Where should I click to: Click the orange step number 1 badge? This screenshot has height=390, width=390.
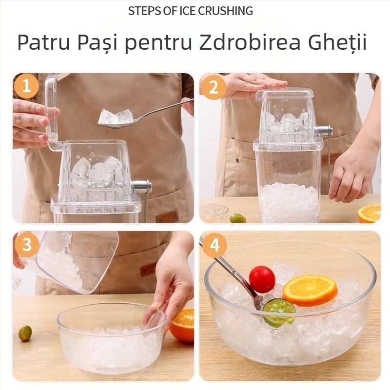[x=26, y=87]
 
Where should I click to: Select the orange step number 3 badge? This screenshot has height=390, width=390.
[x=26, y=245]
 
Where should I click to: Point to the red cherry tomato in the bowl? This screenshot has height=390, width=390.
[x=262, y=279]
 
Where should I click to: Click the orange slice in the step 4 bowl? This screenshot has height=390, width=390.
[x=310, y=290]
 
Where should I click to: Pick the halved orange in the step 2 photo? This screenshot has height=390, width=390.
[x=370, y=214]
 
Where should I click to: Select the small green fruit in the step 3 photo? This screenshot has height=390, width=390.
[x=25, y=333]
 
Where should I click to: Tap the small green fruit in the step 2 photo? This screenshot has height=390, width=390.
[x=237, y=218]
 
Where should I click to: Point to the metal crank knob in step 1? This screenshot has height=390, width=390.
[x=141, y=186]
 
